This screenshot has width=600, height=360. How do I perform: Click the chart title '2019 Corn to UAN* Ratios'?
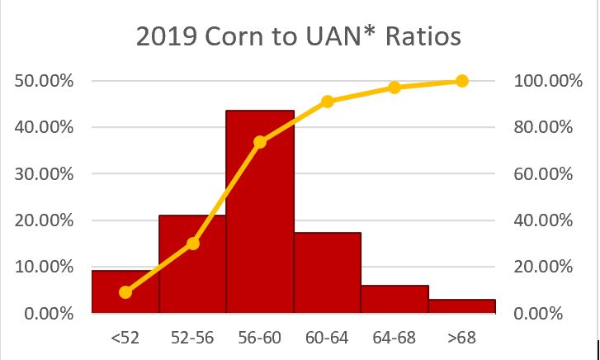(300, 39)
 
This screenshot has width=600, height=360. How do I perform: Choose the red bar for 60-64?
(328, 272)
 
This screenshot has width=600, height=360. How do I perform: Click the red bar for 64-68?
(394, 299)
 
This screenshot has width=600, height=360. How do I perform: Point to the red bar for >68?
(462, 306)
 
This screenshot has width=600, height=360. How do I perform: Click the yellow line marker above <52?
(125, 292)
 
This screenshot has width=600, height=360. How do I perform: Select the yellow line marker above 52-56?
(193, 244)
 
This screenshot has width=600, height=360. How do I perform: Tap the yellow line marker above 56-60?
(260, 142)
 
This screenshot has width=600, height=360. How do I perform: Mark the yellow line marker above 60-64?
(328, 102)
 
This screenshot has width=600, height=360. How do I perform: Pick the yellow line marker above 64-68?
(394, 88)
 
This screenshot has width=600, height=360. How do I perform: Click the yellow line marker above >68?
(462, 81)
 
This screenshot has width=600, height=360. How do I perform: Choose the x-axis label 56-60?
(260, 337)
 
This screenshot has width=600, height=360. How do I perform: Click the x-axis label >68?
(462, 337)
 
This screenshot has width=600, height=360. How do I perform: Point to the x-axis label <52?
(125, 337)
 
